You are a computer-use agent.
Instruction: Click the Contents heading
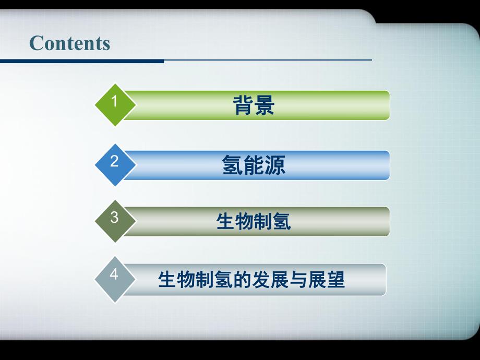70,43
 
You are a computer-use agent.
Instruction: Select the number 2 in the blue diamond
115,161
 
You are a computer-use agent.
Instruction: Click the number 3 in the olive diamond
115,218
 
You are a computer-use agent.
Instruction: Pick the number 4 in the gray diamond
115,274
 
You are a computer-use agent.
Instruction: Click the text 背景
254,105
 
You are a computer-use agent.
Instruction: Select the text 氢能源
254,165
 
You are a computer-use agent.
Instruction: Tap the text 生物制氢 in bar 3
254,222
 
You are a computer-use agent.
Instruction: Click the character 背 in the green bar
243,105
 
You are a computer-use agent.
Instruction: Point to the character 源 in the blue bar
275,165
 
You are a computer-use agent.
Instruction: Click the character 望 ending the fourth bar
335,280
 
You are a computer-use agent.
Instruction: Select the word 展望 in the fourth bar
326,280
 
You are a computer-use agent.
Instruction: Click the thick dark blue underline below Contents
82,61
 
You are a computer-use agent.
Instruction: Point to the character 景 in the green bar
265,105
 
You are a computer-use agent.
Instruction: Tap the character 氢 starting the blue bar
232,165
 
